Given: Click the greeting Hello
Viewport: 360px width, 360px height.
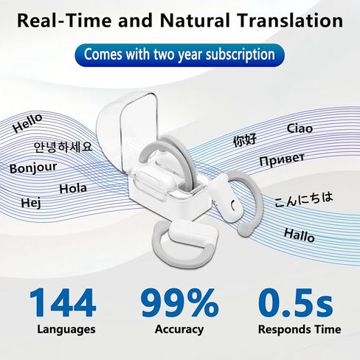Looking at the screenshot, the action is click(27, 123).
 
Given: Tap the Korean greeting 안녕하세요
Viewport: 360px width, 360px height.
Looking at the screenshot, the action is click(63, 147).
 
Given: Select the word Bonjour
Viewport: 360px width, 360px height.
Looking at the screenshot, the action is click(33, 168).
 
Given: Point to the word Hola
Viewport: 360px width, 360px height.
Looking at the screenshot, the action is click(73, 189).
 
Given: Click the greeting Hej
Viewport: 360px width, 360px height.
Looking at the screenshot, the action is click(31, 203).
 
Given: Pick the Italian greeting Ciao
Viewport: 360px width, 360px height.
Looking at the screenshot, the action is click(300, 128).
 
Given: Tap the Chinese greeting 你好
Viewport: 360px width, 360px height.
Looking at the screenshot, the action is click(245, 141).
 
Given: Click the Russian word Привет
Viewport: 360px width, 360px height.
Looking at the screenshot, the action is click(282, 159).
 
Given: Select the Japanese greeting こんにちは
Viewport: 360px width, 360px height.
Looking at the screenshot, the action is click(304, 199).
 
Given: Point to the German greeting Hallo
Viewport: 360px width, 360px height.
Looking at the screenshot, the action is click(300, 235).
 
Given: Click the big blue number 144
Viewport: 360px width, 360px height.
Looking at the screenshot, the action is click(63, 302).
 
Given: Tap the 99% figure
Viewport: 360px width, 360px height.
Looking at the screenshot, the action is click(180, 302).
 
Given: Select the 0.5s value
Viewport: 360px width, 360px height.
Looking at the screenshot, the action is click(296, 302).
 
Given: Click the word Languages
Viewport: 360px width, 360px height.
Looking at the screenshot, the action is click(66, 330).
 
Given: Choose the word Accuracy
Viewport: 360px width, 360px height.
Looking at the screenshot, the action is click(179, 330).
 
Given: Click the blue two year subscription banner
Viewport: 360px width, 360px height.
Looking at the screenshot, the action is click(180, 55).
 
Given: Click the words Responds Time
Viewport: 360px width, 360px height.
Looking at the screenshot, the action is click(300, 330).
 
